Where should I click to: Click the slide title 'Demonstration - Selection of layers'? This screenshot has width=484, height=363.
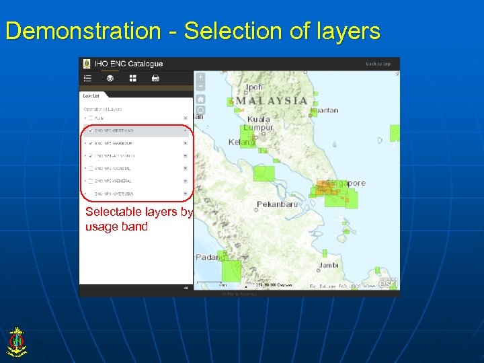[x=192, y=31]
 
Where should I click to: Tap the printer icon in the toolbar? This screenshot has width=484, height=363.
[x=155, y=79]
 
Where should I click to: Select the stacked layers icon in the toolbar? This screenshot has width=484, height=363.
[x=110, y=79]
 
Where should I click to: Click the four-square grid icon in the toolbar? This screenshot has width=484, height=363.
[x=132, y=79]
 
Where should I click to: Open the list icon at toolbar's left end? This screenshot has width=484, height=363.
[x=87, y=79]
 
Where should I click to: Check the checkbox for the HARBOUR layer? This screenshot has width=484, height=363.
[x=91, y=143]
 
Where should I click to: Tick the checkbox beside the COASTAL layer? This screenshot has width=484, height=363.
[x=91, y=169]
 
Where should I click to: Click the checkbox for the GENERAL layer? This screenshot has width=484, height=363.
[x=91, y=182]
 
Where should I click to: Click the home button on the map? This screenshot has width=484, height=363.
[x=200, y=99]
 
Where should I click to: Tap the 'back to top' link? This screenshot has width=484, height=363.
[x=378, y=64]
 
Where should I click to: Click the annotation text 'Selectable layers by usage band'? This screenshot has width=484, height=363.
[x=138, y=219]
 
